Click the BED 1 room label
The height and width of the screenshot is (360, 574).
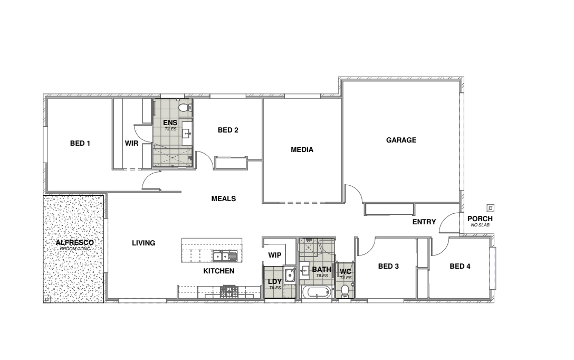(x=80, y=143)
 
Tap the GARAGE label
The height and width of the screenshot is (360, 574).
(x=401, y=140)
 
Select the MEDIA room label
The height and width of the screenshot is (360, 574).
(x=302, y=149)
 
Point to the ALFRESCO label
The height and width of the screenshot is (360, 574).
(x=75, y=242)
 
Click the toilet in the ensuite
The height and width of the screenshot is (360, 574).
(x=185, y=108)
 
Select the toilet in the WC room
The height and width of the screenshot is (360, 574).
(x=345, y=291)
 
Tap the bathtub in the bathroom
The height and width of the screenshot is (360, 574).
(x=317, y=292)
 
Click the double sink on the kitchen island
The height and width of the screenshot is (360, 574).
(x=225, y=256)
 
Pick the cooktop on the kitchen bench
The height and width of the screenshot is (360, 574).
(x=229, y=291)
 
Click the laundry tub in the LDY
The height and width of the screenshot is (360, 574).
(x=290, y=275)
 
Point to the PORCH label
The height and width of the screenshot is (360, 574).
(x=480, y=219)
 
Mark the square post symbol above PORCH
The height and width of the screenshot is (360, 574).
(x=491, y=208)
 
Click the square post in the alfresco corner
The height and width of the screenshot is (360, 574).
(x=46, y=299)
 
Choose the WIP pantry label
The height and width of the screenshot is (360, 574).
(x=274, y=255)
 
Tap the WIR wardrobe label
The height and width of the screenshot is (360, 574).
(x=131, y=143)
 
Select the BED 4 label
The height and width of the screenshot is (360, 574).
(x=460, y=266)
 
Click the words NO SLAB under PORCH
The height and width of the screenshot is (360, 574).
(x=480, y=225)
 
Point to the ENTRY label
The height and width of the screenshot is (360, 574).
(x=424, y=222)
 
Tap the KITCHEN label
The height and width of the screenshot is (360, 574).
(x=218, y=271)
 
